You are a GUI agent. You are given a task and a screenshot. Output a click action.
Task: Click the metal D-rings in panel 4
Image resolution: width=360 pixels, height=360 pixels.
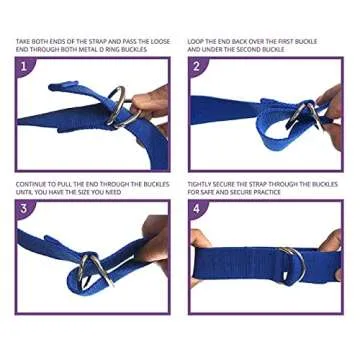[x=292, y=265]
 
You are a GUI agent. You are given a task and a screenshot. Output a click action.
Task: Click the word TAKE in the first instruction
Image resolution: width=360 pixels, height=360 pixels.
[x=21, y=42]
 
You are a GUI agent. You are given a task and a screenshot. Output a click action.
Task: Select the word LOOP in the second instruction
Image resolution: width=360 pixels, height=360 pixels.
[x=194, y=42]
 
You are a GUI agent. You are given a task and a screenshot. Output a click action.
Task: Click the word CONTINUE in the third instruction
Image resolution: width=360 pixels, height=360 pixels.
[x=27, y=184]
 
